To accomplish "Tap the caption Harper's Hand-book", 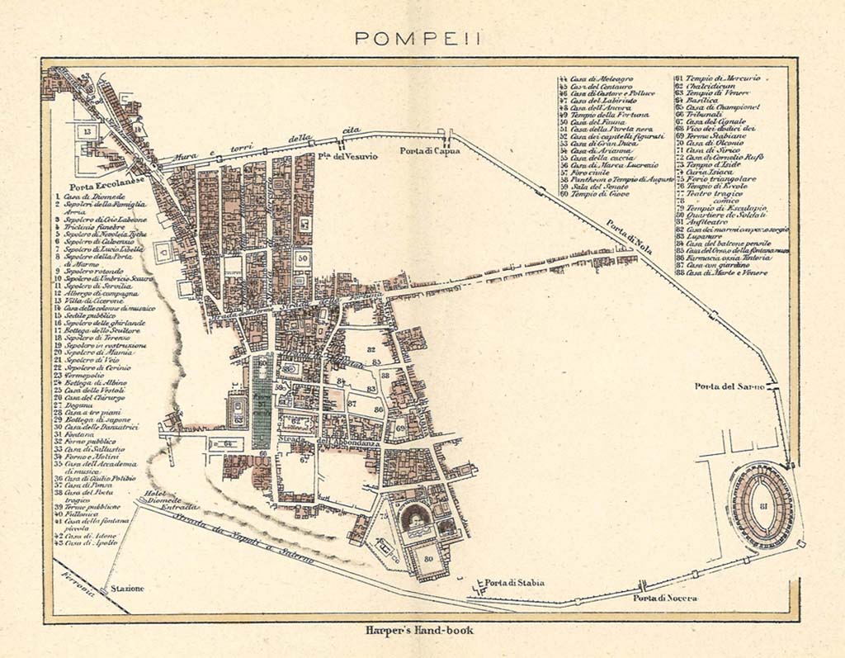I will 423,631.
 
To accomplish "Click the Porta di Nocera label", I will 664,598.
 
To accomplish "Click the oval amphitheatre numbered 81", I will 762,505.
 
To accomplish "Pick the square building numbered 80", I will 428,557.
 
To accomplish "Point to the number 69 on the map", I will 399,428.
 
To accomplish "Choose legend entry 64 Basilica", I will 704,100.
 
